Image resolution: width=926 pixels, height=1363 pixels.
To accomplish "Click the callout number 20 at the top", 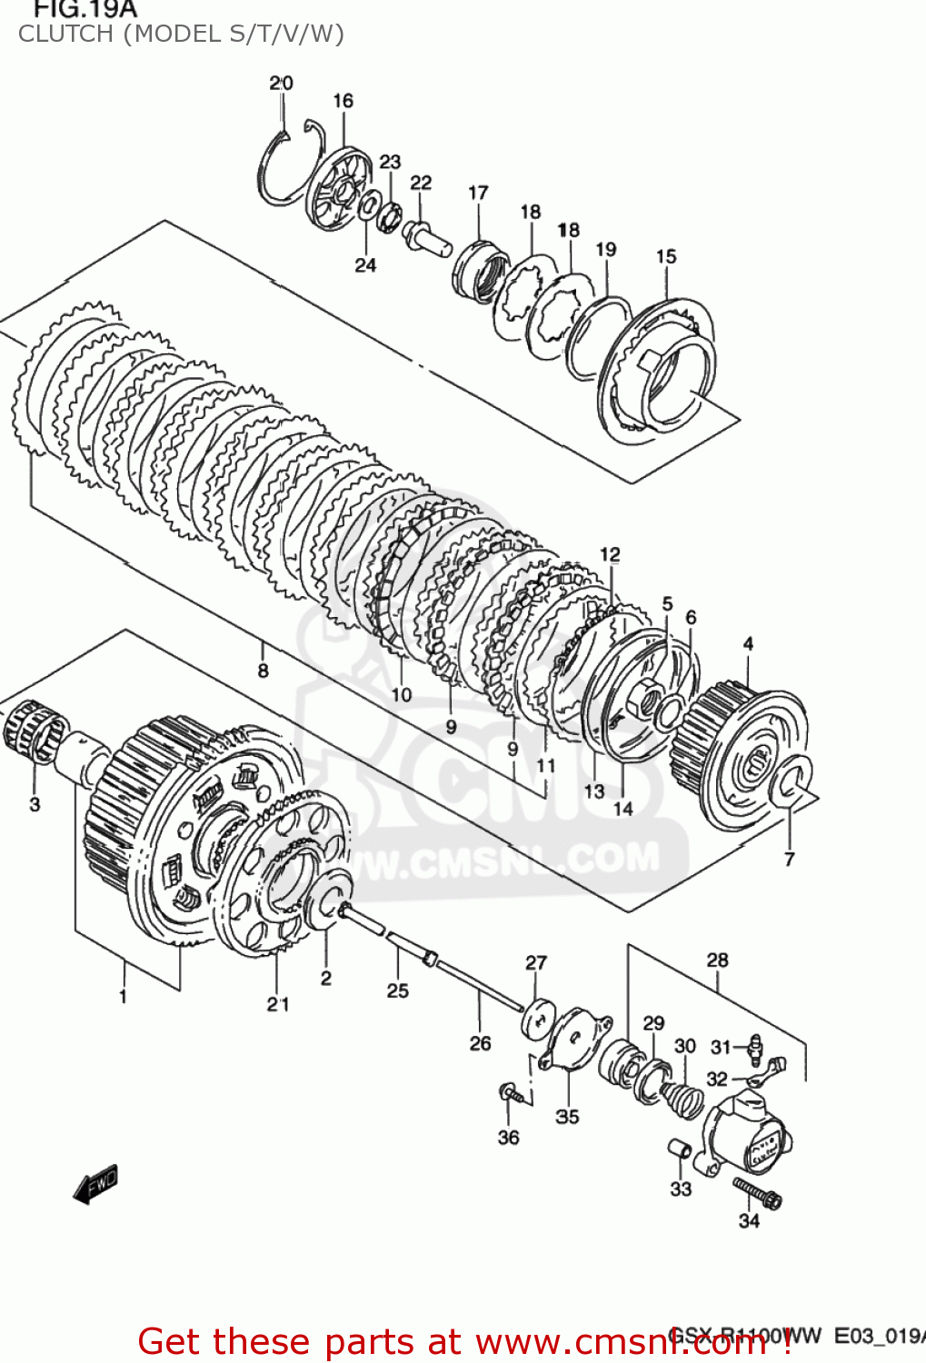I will point(281,83).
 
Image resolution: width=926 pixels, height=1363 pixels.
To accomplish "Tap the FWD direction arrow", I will point(95,1184).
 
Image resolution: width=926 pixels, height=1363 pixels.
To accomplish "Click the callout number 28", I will point(717,960).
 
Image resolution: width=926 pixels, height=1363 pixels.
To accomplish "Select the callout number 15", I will point(666,256).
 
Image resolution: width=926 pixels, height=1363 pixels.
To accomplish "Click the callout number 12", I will point(610,554).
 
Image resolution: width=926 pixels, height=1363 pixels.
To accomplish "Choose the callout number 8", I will point(263,671).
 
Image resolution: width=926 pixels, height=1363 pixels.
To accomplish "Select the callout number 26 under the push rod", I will point(480,1043).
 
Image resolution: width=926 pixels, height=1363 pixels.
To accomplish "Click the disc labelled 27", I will point(537,1017).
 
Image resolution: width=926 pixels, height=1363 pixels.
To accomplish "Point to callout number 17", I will point(478,193).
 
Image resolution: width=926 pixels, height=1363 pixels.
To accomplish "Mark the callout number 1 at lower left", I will point(123,997).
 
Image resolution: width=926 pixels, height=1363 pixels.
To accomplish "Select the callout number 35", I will point(567,1116).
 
